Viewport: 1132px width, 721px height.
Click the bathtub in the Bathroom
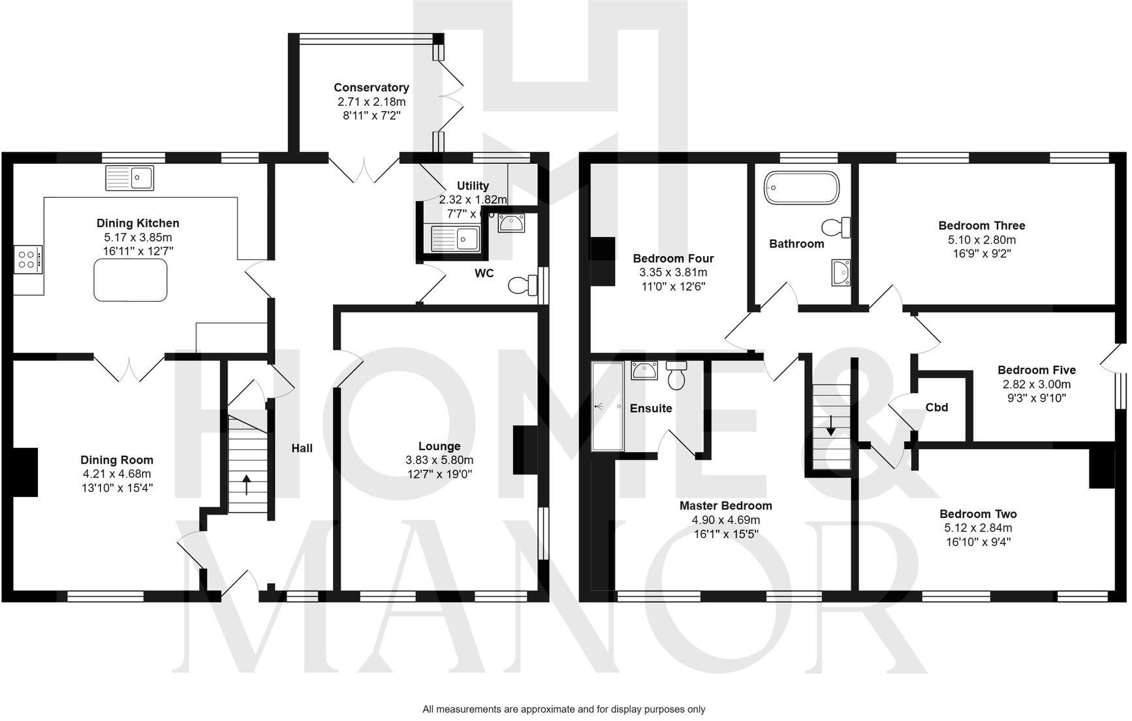point(802,188)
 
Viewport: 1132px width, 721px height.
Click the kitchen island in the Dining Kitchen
point(131,280)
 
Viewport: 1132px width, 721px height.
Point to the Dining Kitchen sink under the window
point(130,178)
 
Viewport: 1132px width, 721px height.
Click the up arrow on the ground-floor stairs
point(247,487)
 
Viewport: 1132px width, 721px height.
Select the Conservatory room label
point(371,88)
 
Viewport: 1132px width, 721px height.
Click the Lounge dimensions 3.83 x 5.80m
point(439,460)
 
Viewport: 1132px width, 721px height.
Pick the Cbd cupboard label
point(936,408)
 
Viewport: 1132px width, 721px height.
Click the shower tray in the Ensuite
point(607,406)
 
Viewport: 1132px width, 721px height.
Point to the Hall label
point(302,448)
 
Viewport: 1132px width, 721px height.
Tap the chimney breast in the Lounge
point(526,450)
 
